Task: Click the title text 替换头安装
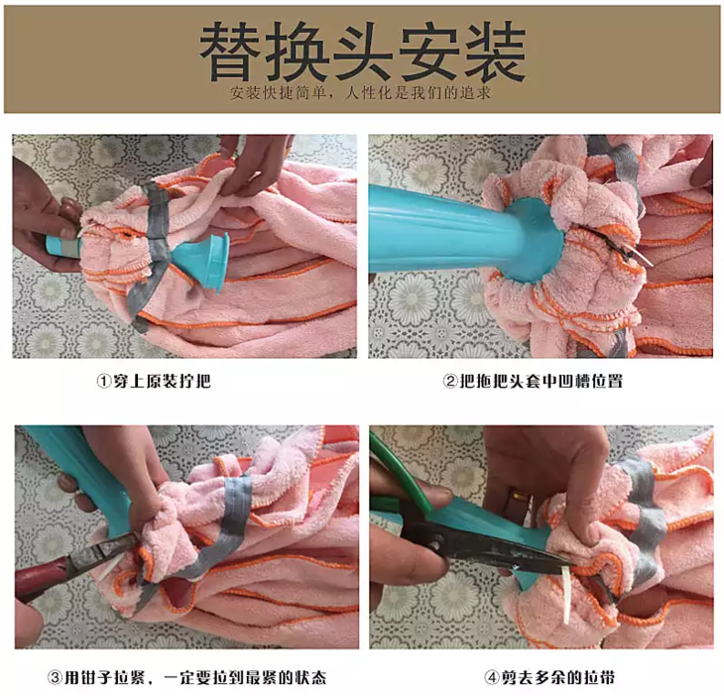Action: (362, 52)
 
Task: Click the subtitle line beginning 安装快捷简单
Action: (360, 93)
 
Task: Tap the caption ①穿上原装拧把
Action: (154, 382)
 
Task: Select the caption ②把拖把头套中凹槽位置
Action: (533, 382)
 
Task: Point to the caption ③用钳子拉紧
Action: (187, 677)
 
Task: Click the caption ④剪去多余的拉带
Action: (549, 677)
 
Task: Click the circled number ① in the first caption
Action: (104, 382)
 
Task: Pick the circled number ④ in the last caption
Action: (491, 678)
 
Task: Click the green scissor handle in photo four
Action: (397, 475)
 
